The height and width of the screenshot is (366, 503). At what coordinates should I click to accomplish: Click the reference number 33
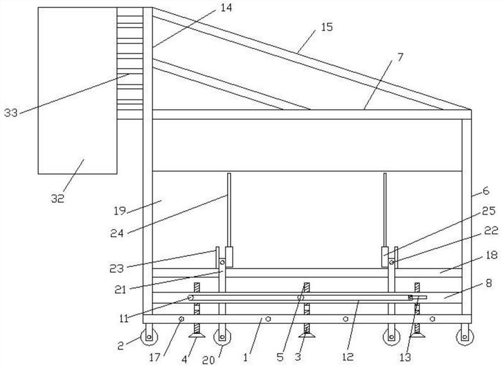coord(11,113)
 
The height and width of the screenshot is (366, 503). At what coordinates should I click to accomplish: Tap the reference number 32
coord(58,198)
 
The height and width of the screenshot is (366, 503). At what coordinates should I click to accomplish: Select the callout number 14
coord(226,8)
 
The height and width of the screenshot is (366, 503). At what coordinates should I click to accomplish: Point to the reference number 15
coord(327,26)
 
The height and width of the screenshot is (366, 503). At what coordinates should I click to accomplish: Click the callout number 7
coord(400,57)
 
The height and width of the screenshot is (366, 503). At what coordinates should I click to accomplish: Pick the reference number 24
coord(117,233)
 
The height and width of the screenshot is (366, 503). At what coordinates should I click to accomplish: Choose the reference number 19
coord(119,211)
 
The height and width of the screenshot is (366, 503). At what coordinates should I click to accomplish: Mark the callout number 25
coord(489,210)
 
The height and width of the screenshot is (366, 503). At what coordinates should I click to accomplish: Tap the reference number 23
coord(116,268)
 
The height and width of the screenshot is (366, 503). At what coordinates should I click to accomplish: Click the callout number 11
coord(124,318)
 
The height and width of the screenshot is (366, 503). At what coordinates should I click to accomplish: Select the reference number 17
coord(156,356)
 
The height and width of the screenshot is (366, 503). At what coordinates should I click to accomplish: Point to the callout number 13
coord(406,357)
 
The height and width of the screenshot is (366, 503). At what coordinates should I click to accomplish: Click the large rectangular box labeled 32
coord(77,90)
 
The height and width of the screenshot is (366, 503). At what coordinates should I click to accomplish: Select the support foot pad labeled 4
coord(197,335)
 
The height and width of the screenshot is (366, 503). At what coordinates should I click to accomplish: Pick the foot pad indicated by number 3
coord(307,335)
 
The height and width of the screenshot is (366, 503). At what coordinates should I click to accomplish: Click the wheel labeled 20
coord(222,337)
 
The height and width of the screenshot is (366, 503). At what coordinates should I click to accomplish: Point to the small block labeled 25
coord(385,257)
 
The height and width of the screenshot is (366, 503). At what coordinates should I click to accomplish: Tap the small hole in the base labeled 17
coord(181,319)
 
